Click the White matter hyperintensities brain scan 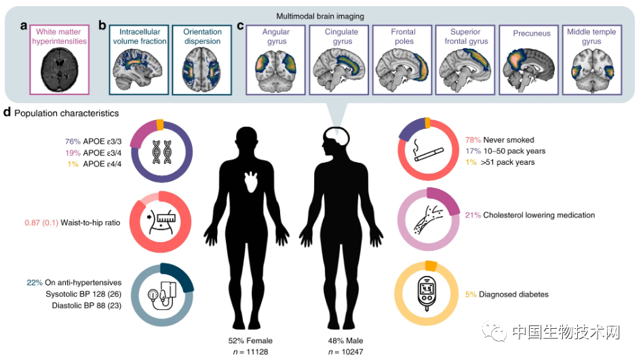(x=59, y=71)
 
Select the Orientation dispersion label (x=202, y=37)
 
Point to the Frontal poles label (x=403, y=37)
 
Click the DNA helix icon (x=162, y=152)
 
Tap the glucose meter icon (x=427, y=293)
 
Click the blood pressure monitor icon (x=162, y=294)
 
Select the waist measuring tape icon (x=160, y=222)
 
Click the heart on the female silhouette (x=252, y=182)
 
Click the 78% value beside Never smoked (x=473, y=140)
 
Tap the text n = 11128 (x=250, y=351)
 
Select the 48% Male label (x=345, y=340)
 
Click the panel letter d (x=7, y=113)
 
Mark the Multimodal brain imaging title (x=320, y=16)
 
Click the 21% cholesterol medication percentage (x=473, y=215)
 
